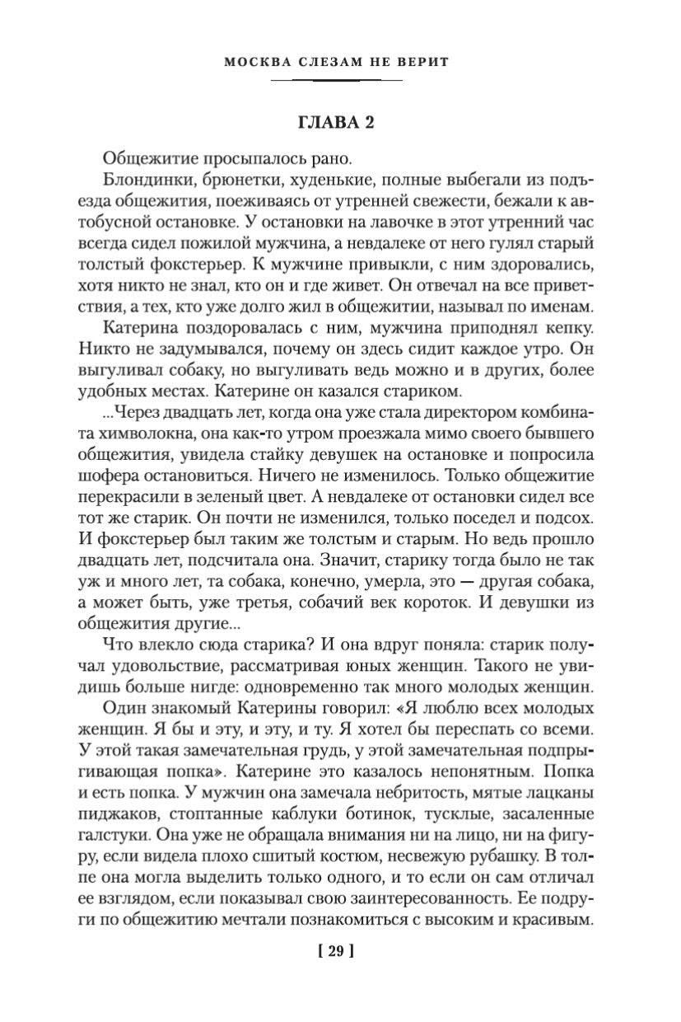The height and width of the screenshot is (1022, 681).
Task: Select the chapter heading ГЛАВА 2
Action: (336, 122)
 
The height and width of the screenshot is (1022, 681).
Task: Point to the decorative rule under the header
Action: (336, 80)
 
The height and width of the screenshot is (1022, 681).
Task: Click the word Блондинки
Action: (146, 180)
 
